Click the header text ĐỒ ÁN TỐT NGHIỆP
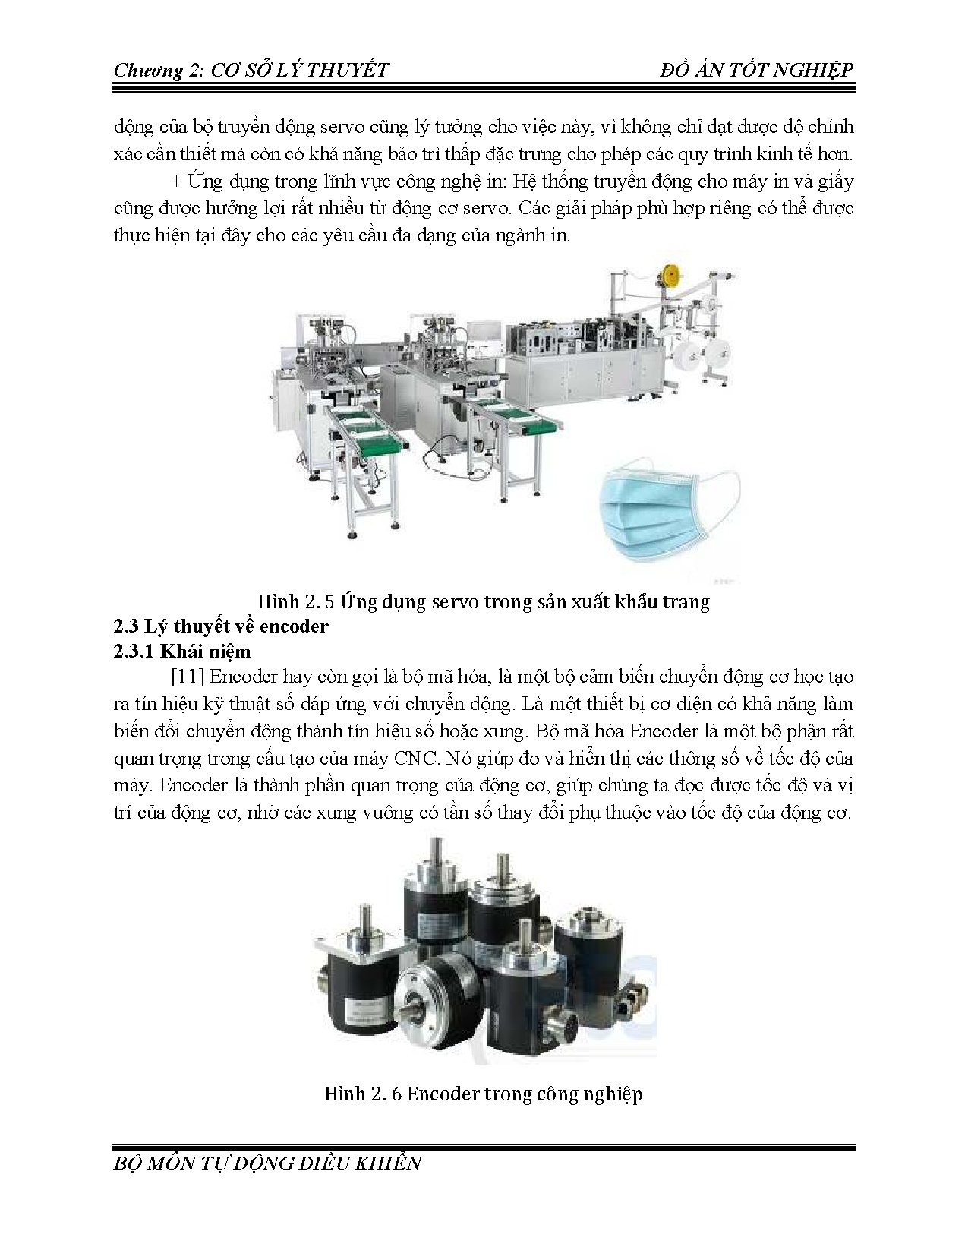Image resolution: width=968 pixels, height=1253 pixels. click(x=757, y=70)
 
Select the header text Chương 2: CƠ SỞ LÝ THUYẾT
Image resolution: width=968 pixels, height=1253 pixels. click(x=251, y=71)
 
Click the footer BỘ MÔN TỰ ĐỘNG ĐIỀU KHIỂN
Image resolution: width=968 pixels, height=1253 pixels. click(x=266, y=1163)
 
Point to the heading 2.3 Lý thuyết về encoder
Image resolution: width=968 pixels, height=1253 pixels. click(x=221, y=626)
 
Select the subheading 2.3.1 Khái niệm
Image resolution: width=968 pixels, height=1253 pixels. click(x=181, y=652)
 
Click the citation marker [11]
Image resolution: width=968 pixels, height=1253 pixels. click(x=185, y=677)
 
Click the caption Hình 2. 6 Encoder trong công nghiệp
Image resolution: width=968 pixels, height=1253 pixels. click(x=483, y=1094)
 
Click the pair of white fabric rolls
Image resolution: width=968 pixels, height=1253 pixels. click(x=706, y=356)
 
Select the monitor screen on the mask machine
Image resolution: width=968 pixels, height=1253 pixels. click(x=486, y=335)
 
